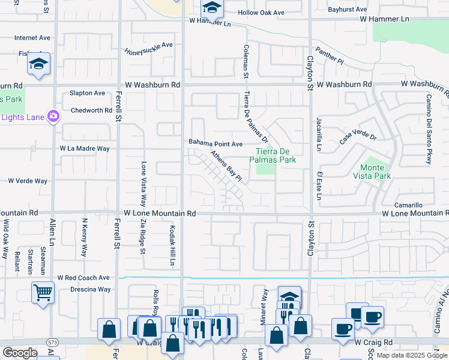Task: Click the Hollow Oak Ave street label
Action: tap(261, 13)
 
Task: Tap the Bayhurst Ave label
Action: tap(348, 10)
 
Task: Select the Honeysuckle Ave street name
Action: tap(149, 48)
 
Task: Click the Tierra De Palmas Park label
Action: tap(277, 156)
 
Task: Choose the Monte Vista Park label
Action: tap(375, 172)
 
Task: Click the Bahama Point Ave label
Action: tap(215, 143)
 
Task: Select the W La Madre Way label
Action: tap(85, 148)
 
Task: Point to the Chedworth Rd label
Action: tap(91, 110)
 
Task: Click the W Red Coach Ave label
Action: tap(83, 278)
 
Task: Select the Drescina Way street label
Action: tap(89, 289)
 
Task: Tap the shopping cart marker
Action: tap(42, 293)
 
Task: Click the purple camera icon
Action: tap(53, 116)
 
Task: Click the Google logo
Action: tap(20, 353)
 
